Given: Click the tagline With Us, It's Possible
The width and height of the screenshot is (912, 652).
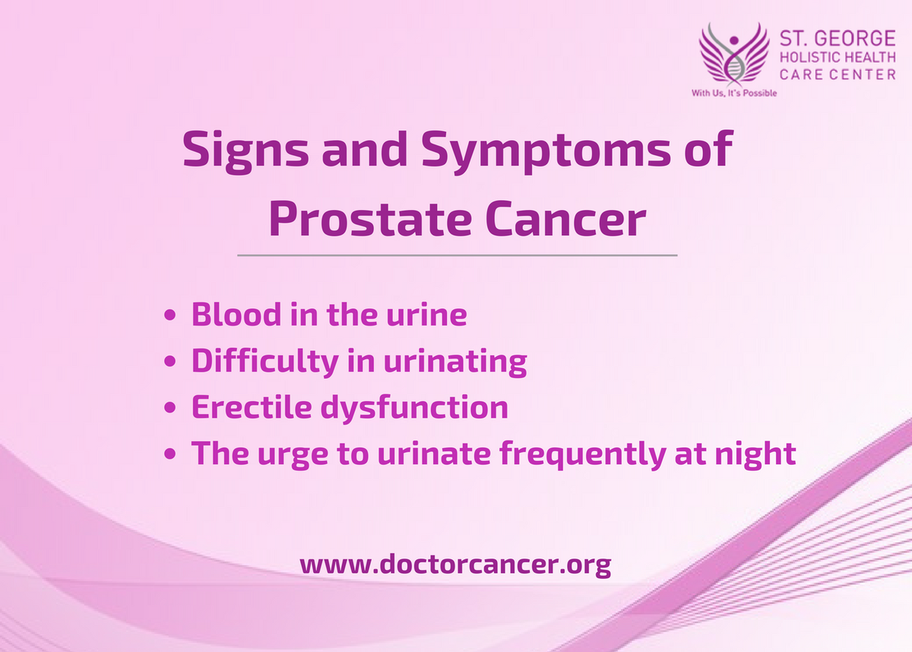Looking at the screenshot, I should [x=733, y=94].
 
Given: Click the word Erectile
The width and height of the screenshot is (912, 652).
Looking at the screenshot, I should [x=251, y=408].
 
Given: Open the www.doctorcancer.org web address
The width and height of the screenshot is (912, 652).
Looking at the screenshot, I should [x=455, y=565].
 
